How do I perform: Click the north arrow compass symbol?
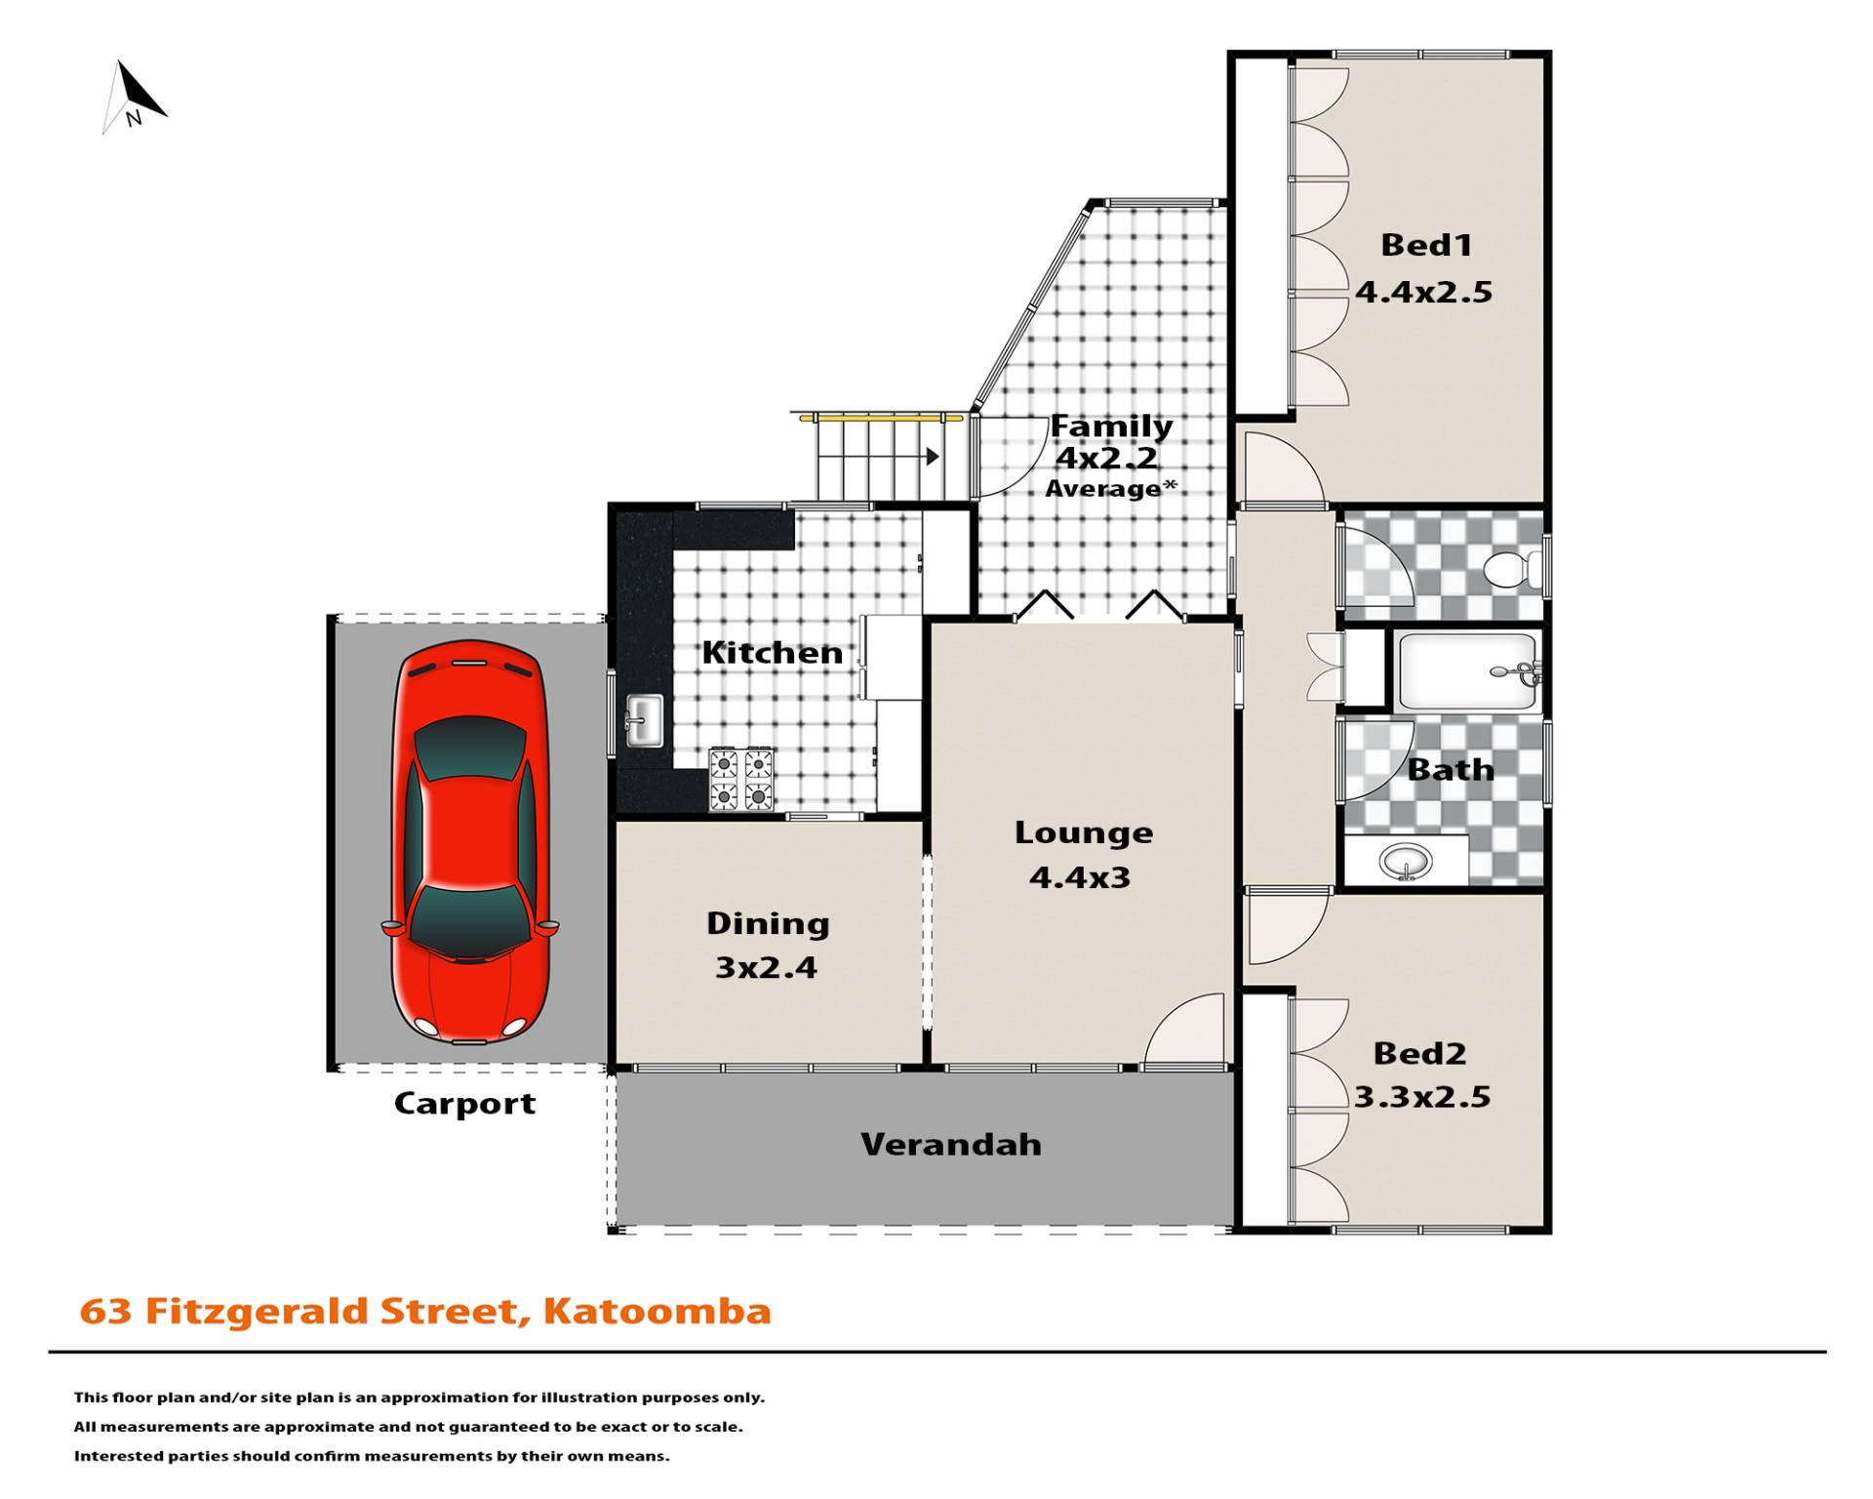tap(134, 98)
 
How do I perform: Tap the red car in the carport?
tap(470, 841)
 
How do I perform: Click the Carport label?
tap(464, 1104)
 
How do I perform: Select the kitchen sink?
tap(644, 720)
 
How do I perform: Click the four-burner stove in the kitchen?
tap(741, 779)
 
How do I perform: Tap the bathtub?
tap(1467, 671)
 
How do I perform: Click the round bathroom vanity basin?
tap(1406, 862)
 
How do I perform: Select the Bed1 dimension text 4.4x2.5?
tap(1424, 292)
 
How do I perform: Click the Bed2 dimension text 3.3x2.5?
tap(1422, 1097)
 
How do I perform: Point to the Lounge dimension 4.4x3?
tap(1080, 877)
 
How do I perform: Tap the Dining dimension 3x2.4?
tap(767, 967)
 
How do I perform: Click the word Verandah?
tap(951, 1144)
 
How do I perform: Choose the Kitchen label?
tap(773, 653)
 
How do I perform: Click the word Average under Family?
tap(1104, 488)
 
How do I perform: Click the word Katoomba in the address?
tap(658, 1311)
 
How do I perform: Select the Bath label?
tap(1451, 770)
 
